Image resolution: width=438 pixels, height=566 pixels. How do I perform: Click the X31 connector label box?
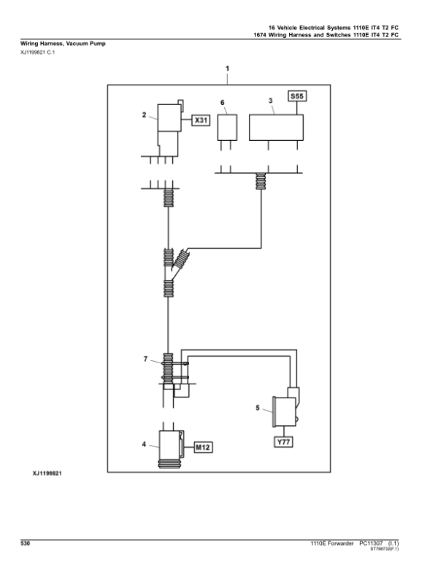click(x=201, y=121)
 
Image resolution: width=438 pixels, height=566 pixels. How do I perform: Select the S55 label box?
click(x=299, y=96)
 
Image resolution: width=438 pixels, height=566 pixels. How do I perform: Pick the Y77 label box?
click(x=283, y=443)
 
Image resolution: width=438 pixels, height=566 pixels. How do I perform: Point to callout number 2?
click(x=145, y=114)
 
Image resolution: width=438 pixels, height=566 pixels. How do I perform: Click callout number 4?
click(x=145, y=443)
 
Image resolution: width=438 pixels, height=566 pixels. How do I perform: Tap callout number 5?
click(x=257, y=409)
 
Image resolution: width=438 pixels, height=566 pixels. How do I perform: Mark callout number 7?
click(x=145, y=360)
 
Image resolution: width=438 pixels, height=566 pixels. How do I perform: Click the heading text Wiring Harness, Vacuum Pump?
click(x=62, y=44)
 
